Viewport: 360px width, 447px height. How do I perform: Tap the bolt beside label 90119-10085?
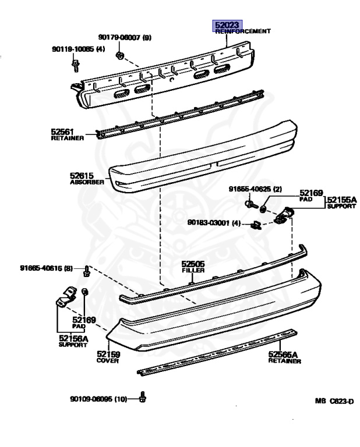(76, 66)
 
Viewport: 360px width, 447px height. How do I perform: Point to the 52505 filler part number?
(192, 263)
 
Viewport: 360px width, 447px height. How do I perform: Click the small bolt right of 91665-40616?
(86, 270)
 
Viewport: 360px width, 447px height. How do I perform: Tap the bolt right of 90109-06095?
(144, 399)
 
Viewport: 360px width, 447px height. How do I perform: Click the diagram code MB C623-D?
(334, 401)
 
